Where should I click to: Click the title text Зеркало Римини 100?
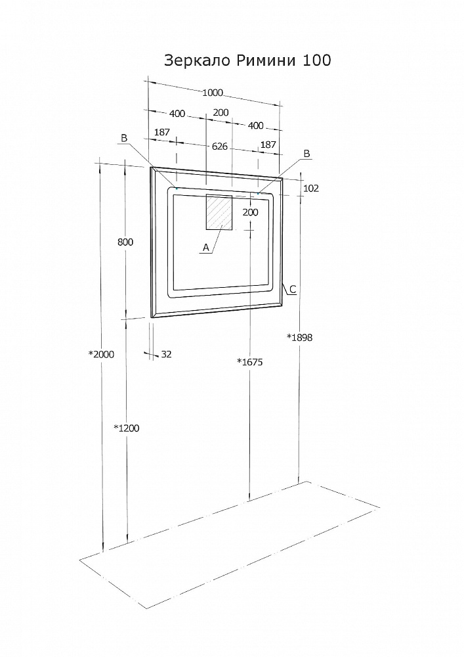pos(247,61)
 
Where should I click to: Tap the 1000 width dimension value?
pos(213,93)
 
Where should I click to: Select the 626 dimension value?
pos(220,146)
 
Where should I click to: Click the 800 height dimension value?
pos(125,242)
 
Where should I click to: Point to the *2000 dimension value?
pos(102,354)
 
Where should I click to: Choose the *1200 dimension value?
pos(127,428)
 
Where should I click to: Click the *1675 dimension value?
pos(249,361)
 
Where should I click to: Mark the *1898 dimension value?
pos(299,337)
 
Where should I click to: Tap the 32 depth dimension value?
pos(166,354)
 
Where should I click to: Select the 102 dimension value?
pos(311,188)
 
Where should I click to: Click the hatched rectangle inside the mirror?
pos(220,212)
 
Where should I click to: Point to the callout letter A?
pos(206,248)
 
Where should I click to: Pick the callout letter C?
pos(293,289)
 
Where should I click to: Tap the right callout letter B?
pos(305,153)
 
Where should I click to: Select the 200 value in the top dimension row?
pos(221,112)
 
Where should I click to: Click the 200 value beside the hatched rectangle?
pos(250,212)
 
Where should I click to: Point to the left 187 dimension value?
pos(162,133)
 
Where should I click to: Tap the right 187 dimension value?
pos(268,144)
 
